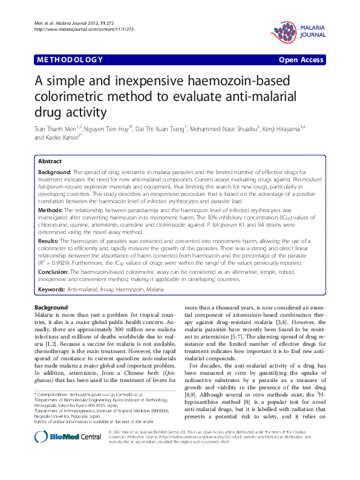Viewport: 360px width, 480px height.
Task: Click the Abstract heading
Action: click(49, 162)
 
